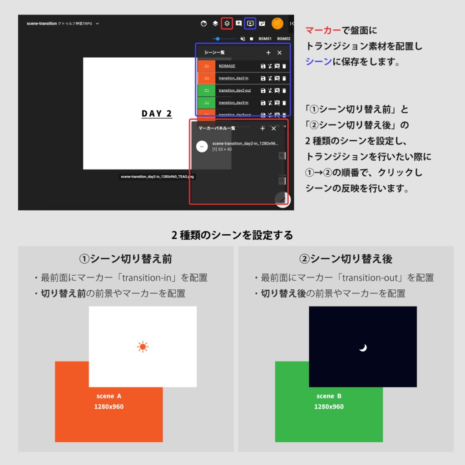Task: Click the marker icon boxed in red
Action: click(x=228, y=23)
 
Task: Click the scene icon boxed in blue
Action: click(x=250, y=23)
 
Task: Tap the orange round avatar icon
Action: click(x=277, y=23)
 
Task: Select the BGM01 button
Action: click(x=265, y=39)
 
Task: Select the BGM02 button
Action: click(x=283, y=39)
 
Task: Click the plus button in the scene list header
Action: click(x=268, y=53)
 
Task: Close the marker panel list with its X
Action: click(x=273, y=129)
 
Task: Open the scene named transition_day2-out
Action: click(x=234, y=90)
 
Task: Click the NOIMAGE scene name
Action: click(x=227, y=66)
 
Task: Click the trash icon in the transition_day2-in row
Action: click(x=284, y=79)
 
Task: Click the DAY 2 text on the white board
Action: click(x=157, y=114)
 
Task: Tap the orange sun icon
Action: click(x=143, y=347)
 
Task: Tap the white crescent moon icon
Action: click(x=363, y=348)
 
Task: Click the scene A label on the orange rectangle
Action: click(x=109, y=396)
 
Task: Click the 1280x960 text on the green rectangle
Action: click(x=329, y=406)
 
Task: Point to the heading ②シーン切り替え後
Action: click(x=346, y=259)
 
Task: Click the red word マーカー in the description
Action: click(x=323, y=30)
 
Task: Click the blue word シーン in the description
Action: click(x=318, y=61)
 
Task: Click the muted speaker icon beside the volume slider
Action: click(x=242, y=39)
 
